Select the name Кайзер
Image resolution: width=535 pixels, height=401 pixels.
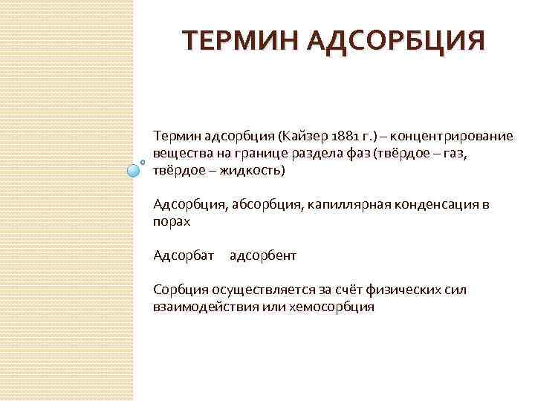(x=300, y=137)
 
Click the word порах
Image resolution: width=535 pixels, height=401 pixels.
(x=172, y=221)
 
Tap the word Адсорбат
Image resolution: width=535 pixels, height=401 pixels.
(x=183, y=255)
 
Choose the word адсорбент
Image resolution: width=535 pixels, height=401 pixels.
(x=263, y=255)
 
